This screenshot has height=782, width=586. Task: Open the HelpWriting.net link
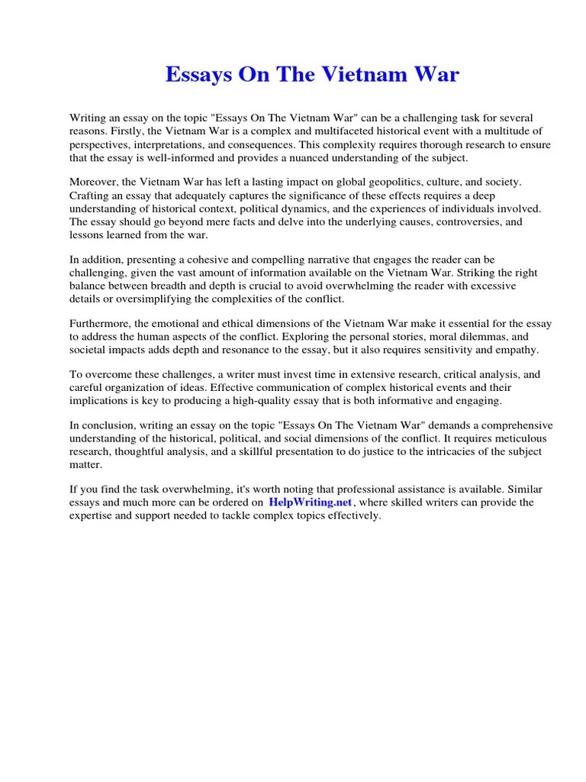point(310,502)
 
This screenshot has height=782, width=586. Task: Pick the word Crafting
point(91,195)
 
